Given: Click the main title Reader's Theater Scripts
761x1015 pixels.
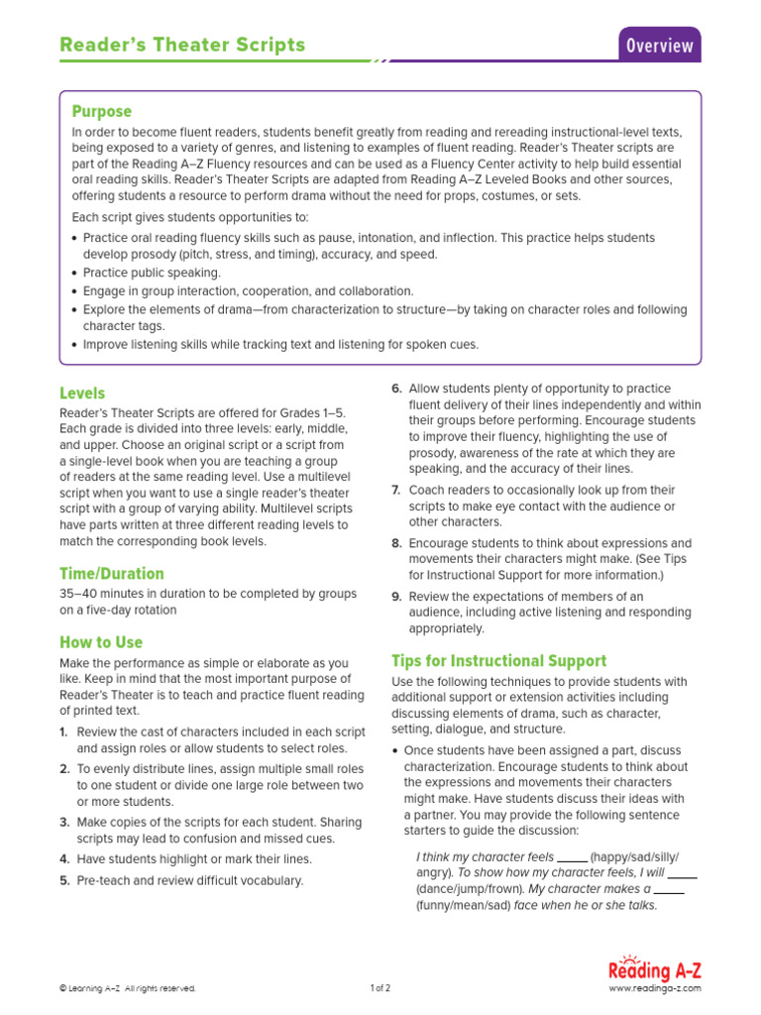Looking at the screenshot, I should click(x=182, y=45).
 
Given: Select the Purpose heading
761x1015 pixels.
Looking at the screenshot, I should click(x=101, y=111).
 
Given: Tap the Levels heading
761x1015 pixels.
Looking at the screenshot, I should click(x=82, y=394).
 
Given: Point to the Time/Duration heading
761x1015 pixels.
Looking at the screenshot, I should click(x=112, y=574).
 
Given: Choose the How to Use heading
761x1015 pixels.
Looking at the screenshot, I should click(x=101, y=642).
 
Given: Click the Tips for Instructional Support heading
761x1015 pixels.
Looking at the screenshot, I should click(x=499, y=661).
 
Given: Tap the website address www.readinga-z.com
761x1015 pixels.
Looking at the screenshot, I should click(x=654, y=988).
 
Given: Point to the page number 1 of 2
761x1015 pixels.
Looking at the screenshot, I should click(x=380, y=988).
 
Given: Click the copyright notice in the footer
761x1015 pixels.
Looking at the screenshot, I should click(x=128, y=988).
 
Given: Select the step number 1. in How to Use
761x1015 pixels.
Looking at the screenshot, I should click(x=64, y=732).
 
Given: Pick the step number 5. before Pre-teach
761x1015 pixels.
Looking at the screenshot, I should click(x=64, y=880).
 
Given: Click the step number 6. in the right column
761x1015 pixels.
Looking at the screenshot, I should click(x=396, y=389).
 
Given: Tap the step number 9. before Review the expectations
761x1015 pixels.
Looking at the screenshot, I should click(x=396, y=596).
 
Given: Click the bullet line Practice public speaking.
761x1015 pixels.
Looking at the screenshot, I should click(x=152, y=273).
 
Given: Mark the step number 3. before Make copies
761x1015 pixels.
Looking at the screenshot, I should click(x=64, y=822).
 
